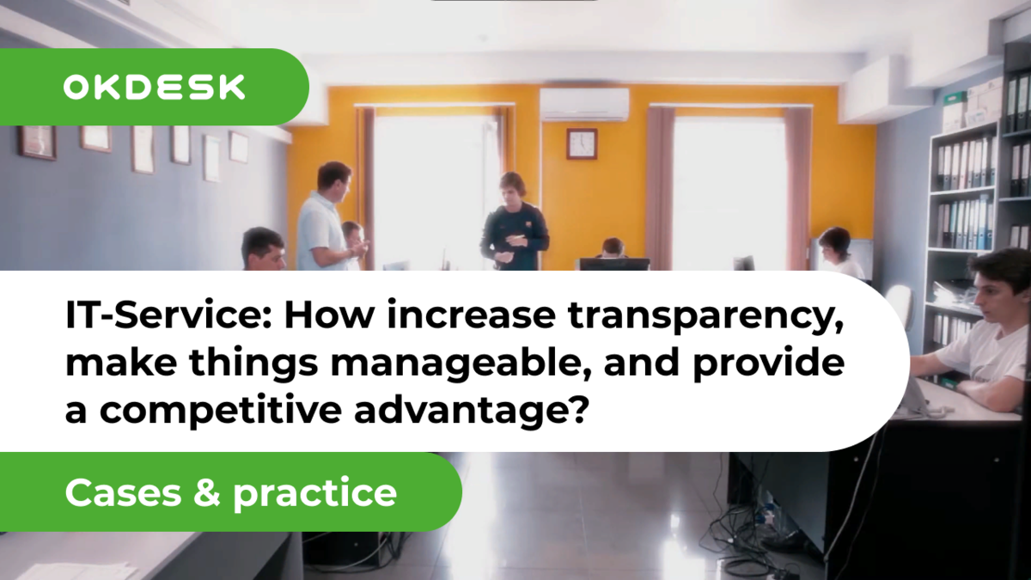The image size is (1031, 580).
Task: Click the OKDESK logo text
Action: coord(154,88)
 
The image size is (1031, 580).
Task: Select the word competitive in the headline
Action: coord(223,410)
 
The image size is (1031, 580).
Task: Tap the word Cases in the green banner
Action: coord(124,493)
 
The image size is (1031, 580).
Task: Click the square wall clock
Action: coord(582,143)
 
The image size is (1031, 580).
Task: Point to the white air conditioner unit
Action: coord(584,104)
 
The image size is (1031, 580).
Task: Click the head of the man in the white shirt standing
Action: coord(334,179)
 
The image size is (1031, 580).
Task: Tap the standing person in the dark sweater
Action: coord(514,221)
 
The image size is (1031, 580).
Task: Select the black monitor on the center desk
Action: coord(614,265)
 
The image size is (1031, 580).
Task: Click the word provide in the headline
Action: coord(769,363)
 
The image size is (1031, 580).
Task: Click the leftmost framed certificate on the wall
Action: coord(38,143)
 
